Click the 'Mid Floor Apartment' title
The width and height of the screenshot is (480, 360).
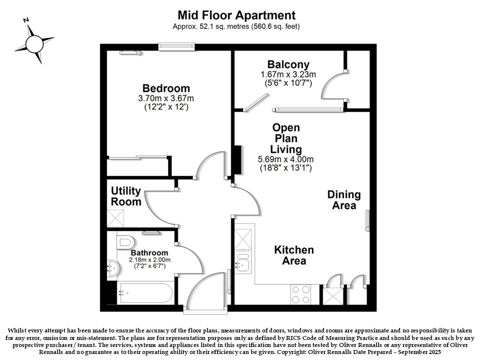[236, 15]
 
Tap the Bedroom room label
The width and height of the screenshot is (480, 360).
[166, 88]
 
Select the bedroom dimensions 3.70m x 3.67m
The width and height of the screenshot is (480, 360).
[166, 98]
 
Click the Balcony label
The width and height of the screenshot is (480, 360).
[288, 64]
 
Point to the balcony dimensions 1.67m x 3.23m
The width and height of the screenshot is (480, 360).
[288, 74]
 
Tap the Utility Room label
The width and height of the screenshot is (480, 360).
[126, 196]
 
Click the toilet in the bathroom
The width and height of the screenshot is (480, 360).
[125, 242]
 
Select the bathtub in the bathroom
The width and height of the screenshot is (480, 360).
[146, 293]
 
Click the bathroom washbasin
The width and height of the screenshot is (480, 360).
[112, 268]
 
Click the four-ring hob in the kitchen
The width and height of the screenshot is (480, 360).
[300, 294]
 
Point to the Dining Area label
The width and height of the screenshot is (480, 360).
[344, 200]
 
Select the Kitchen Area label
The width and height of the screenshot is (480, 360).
[294, 255]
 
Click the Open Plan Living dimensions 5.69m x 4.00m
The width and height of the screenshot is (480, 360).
[285, 159]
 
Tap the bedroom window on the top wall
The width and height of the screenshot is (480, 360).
[176, 46]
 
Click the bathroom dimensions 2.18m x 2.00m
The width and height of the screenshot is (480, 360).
[149, 260]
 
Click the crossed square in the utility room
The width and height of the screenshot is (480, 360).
[115, 218]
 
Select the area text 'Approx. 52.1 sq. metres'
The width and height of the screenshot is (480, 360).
[210, 26]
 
